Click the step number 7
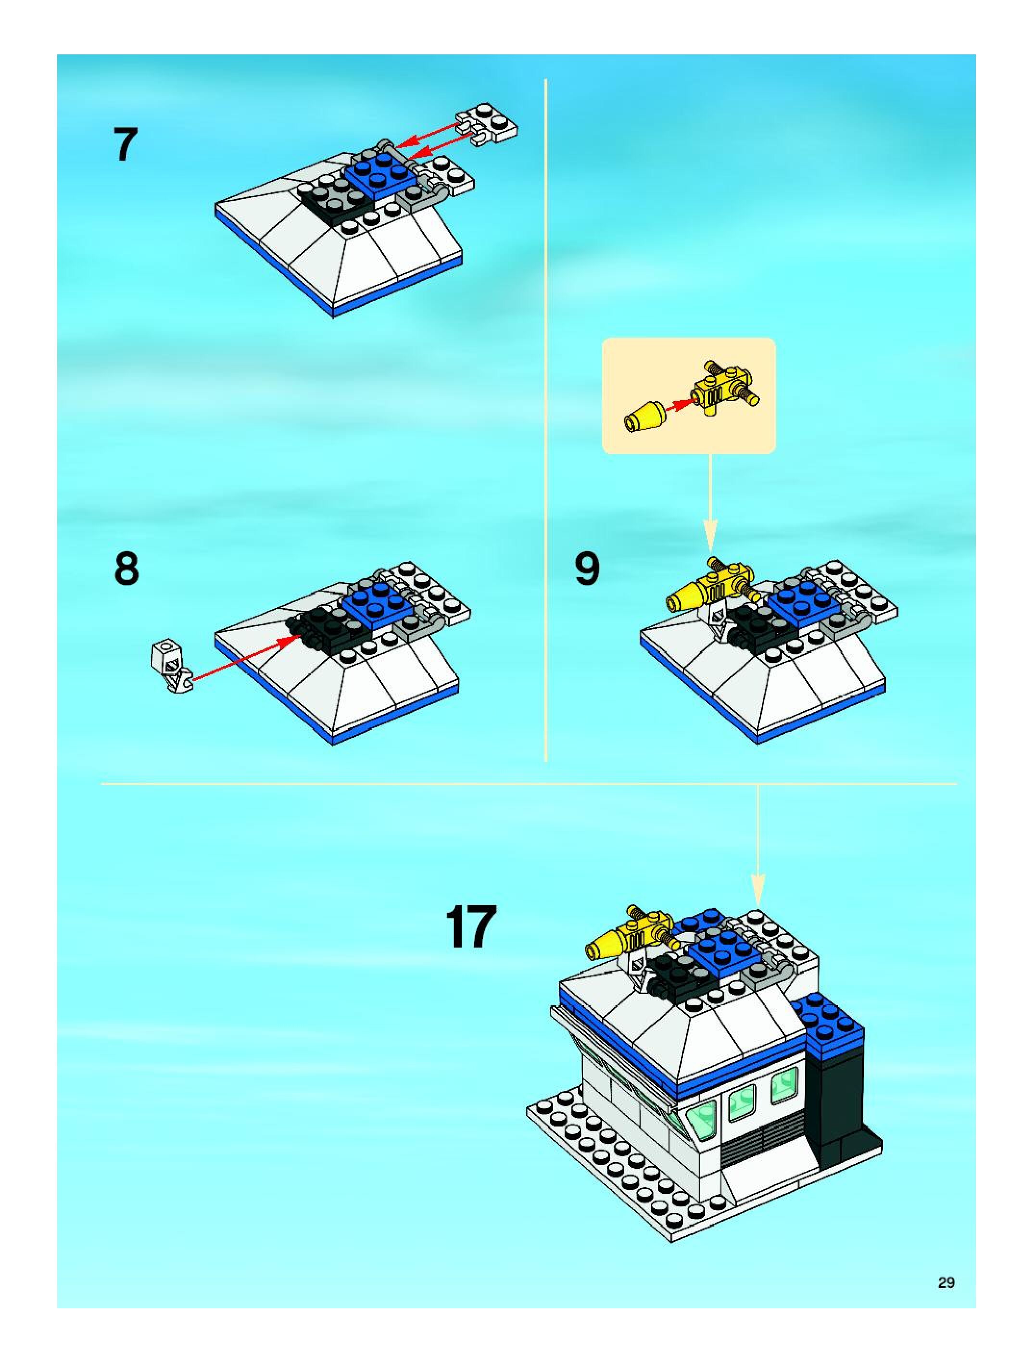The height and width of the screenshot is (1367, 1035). pos(125,145)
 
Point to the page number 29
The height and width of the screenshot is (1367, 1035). pos(946,1283)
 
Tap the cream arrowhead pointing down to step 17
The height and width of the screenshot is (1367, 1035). pos(757,892)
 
